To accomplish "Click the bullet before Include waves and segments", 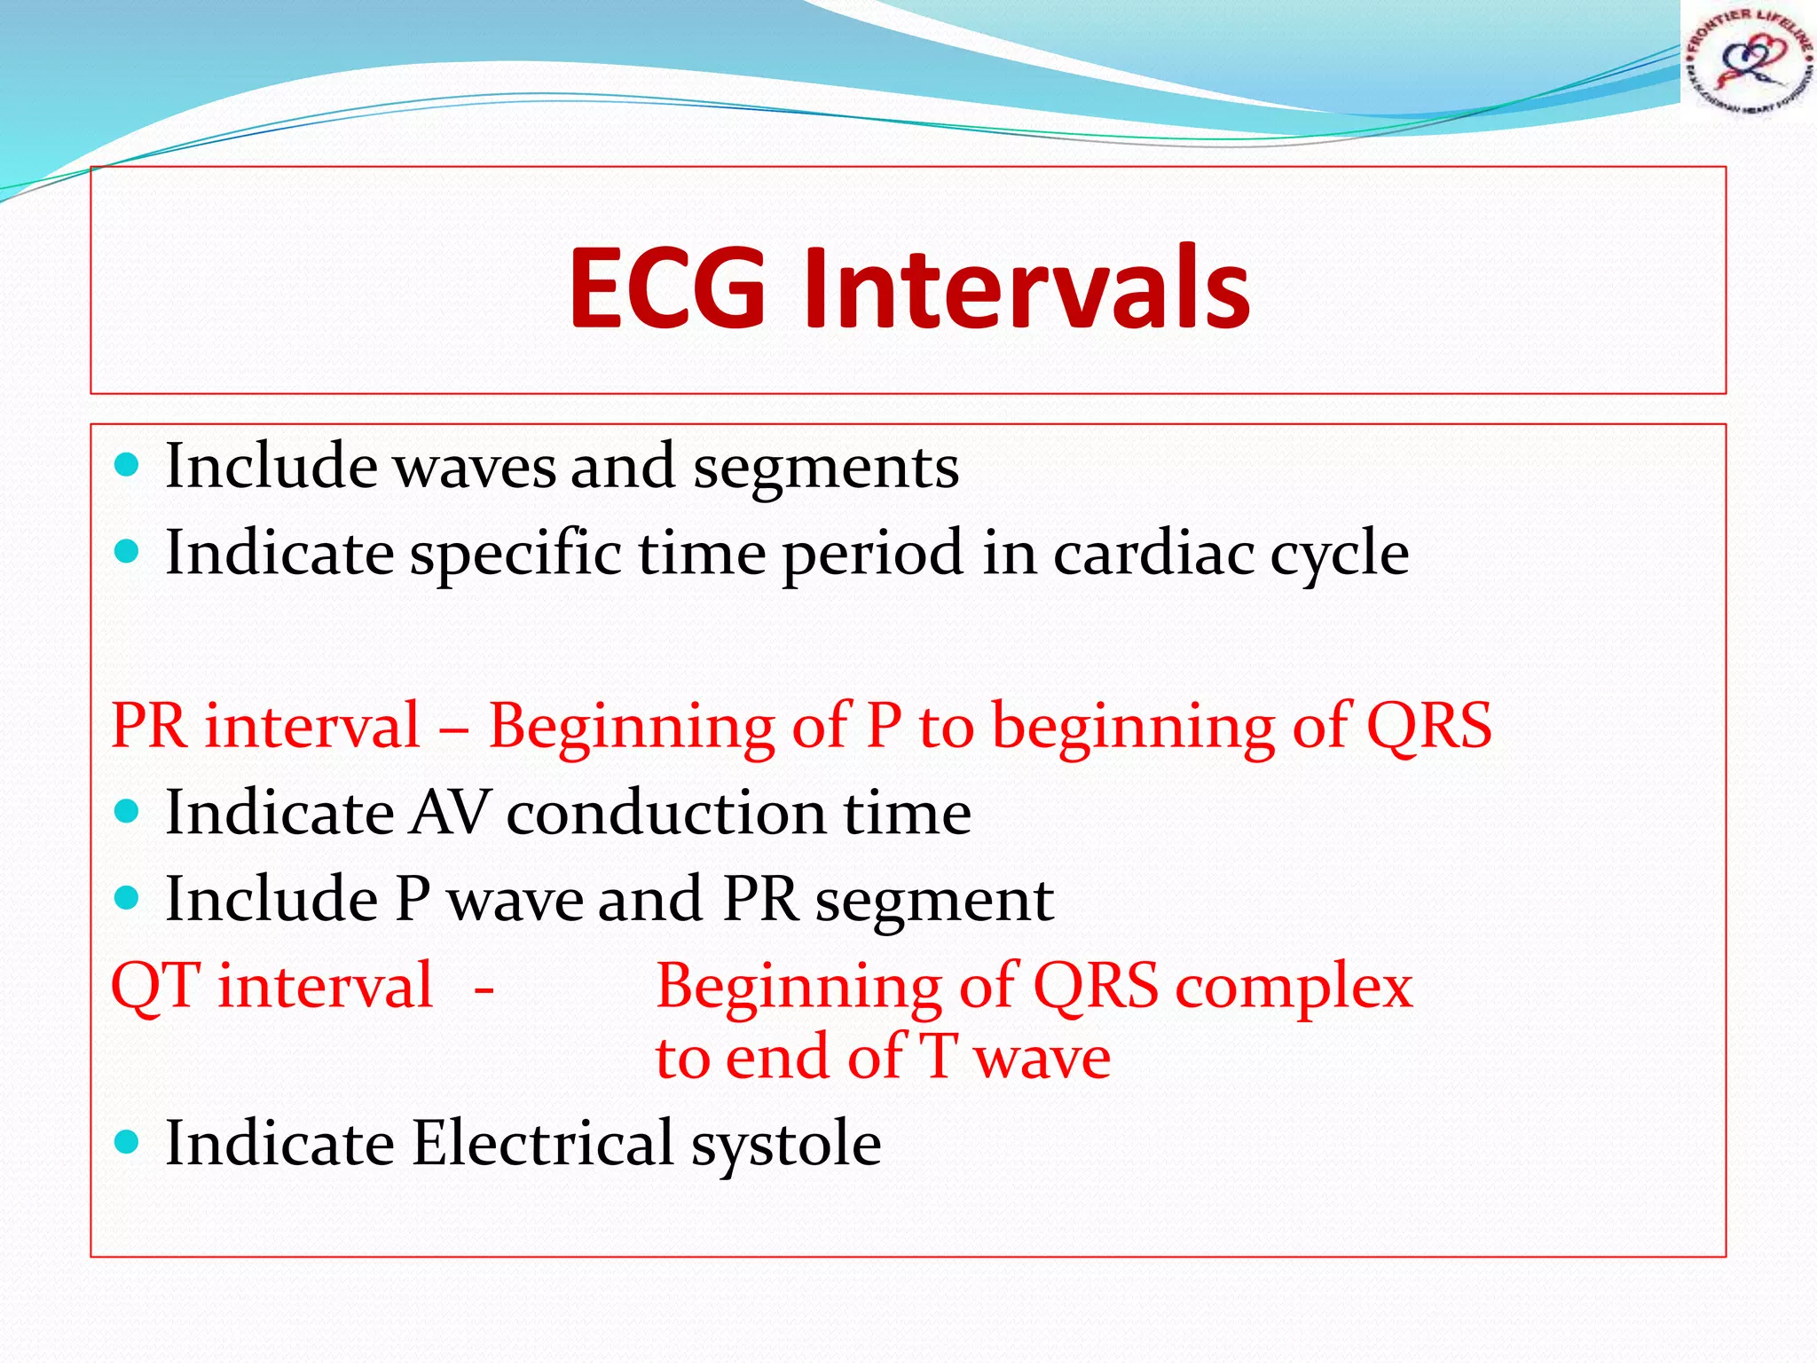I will tap(128, 465).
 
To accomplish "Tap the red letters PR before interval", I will tap(149, 726).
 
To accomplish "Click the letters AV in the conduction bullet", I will tap(450, 812).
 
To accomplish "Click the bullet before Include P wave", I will tap(128, 898).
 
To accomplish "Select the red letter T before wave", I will tap(938, 1057).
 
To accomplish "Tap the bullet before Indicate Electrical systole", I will tap(128, 1141).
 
